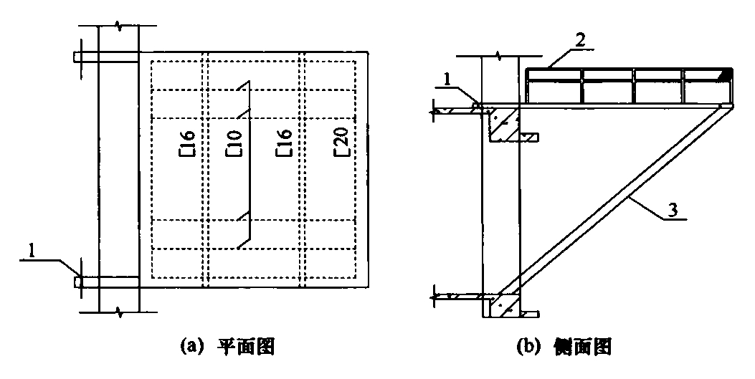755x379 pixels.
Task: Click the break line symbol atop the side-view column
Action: [499, 55]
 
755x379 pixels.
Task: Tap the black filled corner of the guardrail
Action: [727, 74]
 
